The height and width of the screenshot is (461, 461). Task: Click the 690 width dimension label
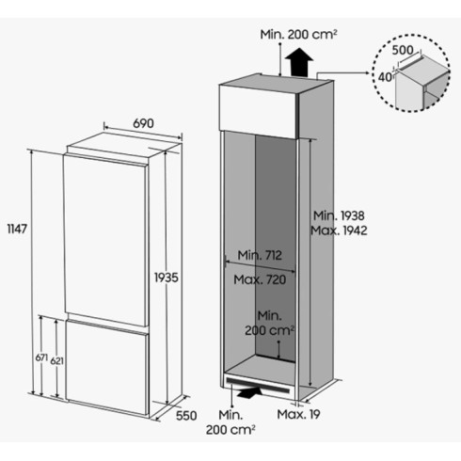click(x=143, y=123)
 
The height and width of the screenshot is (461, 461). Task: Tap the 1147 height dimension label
click(x=17, y=230)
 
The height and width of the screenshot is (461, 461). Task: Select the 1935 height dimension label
click(x=167, y=278)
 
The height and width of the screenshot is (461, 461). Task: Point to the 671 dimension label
click(x=41, y=358)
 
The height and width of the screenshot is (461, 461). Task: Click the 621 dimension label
click(x=57, y=361)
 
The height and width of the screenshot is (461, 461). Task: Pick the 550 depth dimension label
click(x=186, y=416)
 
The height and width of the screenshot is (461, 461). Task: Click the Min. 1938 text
click(x=339, y=215)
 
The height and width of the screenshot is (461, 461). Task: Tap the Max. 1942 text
click(x=339, y=230)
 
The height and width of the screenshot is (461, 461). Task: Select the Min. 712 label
click(x=260, y=255)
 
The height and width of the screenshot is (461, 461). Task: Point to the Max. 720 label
click(x=260, y=279)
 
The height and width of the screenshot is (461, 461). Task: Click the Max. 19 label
click(x=298, y=414)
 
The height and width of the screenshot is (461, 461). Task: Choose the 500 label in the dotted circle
click(x=403, y=50)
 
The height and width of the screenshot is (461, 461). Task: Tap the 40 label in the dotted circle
click(x=385, y=77)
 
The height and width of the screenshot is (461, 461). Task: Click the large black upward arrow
click(x=299, y=61)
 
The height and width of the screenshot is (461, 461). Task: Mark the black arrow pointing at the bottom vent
click(x=249, y=392)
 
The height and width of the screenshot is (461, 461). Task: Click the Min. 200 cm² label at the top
click(x=298, y=35)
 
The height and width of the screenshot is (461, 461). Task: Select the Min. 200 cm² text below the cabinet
click(x=230, y=422)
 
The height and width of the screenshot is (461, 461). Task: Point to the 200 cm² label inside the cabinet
click(x=270, y=330)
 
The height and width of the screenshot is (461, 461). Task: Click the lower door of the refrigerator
click(x=106, y=367)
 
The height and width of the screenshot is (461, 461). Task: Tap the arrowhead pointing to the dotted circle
click(x=367, y=72)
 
